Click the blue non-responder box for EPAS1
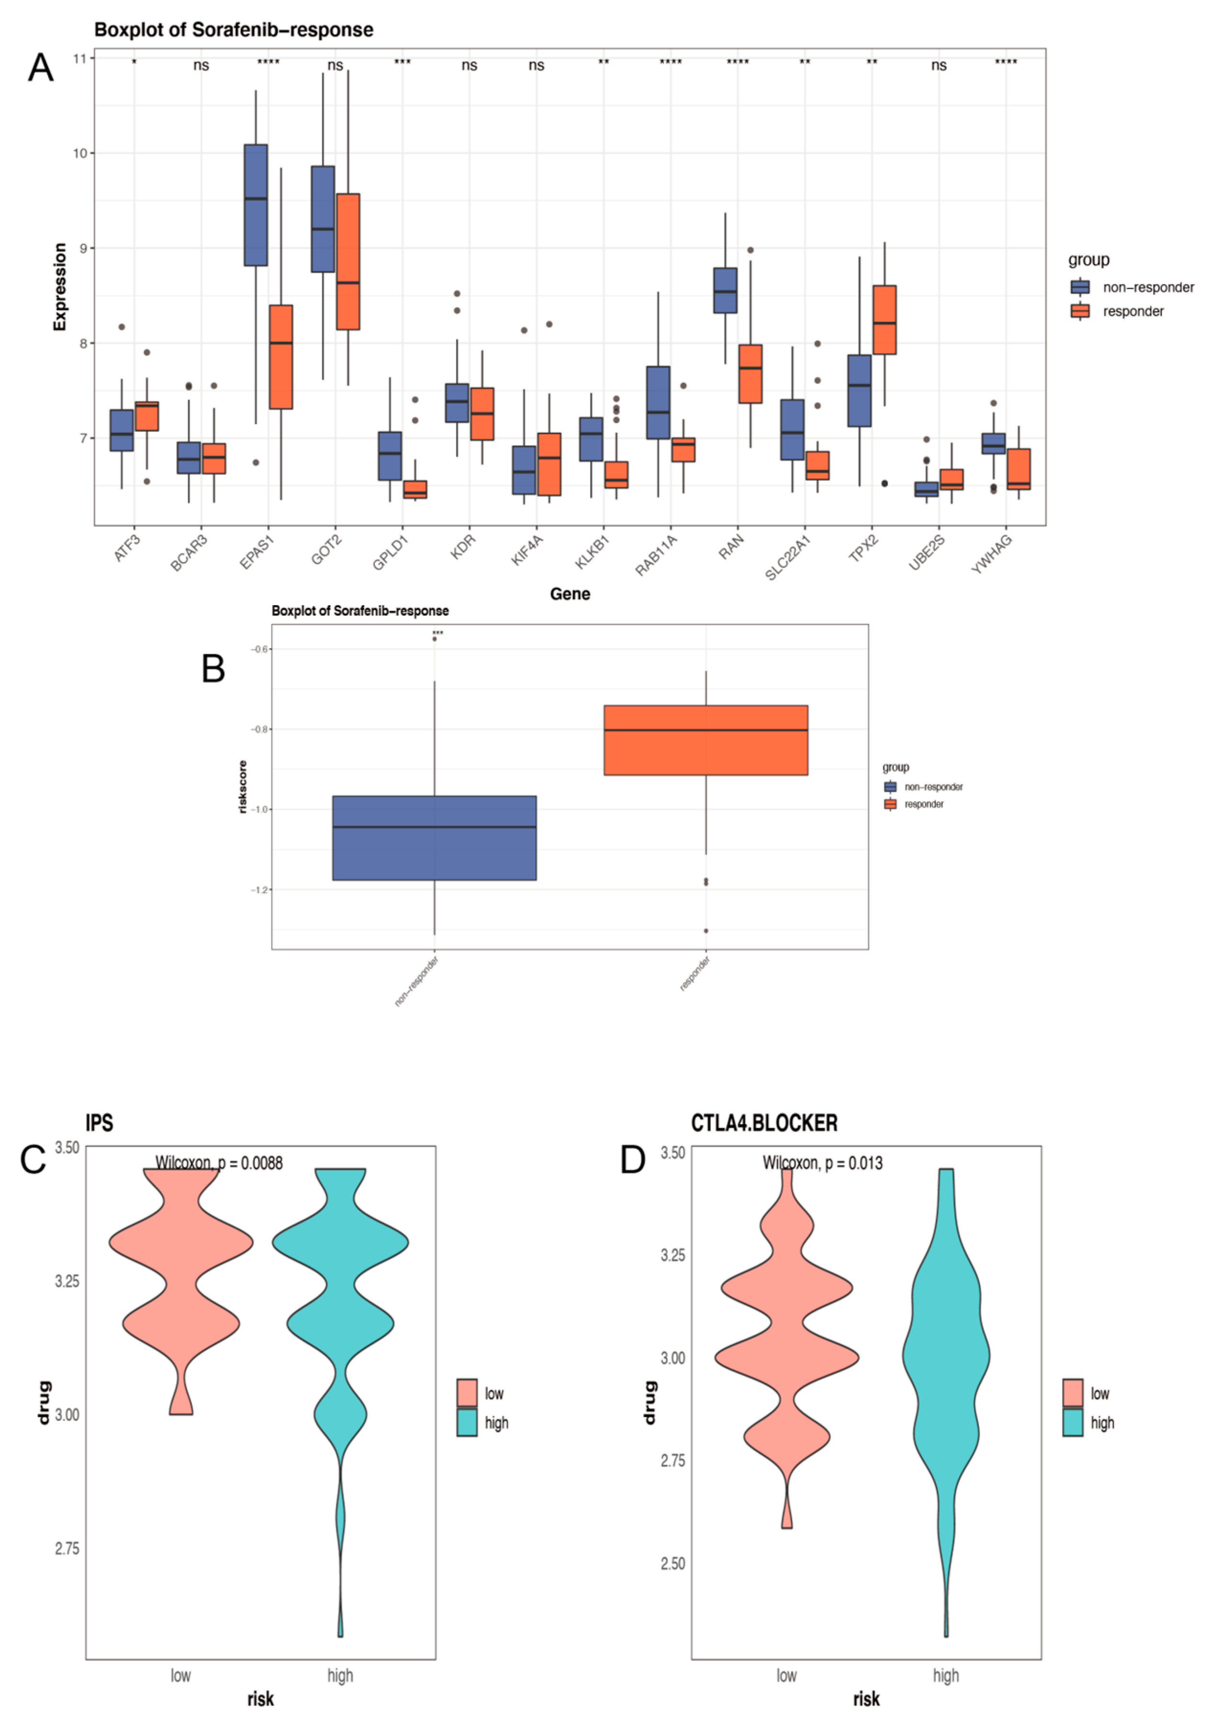[256, 204]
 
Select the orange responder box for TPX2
[885, 320]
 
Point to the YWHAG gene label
[992, 554]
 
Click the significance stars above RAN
[737, 62]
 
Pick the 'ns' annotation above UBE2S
[939, 66]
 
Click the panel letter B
[214, 668]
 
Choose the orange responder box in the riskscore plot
[706, 740]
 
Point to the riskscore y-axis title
[242, 787]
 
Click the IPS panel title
[99, 1123]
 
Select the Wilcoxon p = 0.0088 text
[219, 1163]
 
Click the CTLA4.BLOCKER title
[764, 1123]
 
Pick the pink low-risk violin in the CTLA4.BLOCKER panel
[787, 1354]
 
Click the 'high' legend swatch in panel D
[1072, 1423]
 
